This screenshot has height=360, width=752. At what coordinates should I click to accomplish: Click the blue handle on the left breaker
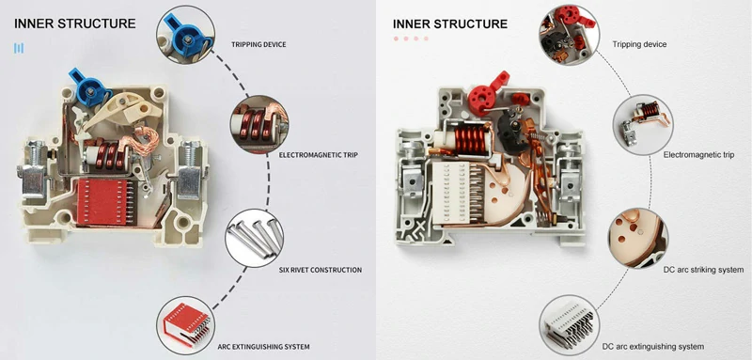(x=89, y=87)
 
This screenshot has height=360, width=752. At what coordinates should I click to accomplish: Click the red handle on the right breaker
(x=484, y=95)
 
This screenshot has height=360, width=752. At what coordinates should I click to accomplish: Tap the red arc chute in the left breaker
(x=104, y=202)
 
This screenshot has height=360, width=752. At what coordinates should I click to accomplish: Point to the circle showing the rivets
(x=254, y=238)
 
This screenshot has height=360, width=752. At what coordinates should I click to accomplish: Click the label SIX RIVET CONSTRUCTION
(x=321, y=270)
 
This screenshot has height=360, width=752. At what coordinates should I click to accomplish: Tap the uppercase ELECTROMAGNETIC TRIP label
(x=318, y=155)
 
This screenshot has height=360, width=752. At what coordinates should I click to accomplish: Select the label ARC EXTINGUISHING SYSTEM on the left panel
(x=263, y=347)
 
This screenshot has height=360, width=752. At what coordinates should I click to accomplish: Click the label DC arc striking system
(x=703, y=270)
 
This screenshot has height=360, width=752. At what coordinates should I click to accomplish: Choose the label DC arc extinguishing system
(x=652, y=347)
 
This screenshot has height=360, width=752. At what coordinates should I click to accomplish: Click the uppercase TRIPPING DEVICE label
(x=258, y=44)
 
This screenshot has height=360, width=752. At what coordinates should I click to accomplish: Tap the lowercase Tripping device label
(x=639, y=44)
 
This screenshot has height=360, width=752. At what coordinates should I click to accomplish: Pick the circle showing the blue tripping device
(x=185, y=34)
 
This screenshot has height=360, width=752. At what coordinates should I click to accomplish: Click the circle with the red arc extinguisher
(x=185, y=325)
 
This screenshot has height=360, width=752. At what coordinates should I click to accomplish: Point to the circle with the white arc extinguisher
(x=569, y=325)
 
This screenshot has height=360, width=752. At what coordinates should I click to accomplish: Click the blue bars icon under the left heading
(x=19, y=48)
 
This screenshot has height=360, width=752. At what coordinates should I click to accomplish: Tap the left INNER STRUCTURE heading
(x=75, y=23)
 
